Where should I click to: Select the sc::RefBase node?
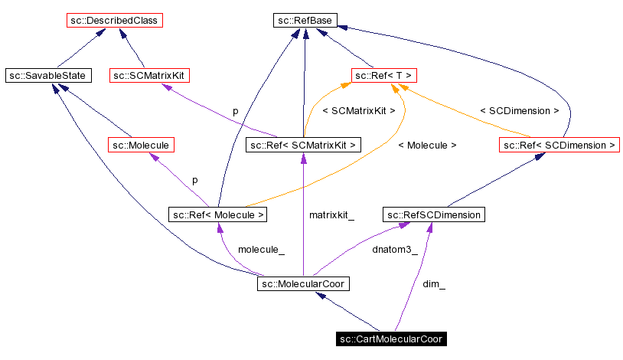point(305,21)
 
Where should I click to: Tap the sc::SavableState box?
point(47,75)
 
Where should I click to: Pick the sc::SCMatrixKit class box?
point(150,75)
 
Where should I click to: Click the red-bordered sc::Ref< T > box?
point(383,75)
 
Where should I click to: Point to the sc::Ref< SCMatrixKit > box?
point(304,144)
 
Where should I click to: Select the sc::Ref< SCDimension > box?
point(559,144)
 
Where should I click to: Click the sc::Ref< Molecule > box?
point(218,214)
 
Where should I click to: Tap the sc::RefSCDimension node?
point(433,214)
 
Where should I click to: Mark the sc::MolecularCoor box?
point(303,284)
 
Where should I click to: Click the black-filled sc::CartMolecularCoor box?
point(391,339)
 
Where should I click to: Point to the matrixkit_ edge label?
point(331,215)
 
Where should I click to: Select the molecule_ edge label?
point(261,250)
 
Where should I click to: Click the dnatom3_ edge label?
point(394,250)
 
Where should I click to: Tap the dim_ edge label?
point(434,284)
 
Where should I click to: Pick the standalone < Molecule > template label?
point(427,145)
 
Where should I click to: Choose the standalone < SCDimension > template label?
point(519,110)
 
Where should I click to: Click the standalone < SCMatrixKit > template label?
point(359,110)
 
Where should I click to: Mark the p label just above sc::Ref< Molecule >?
point(194,180)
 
